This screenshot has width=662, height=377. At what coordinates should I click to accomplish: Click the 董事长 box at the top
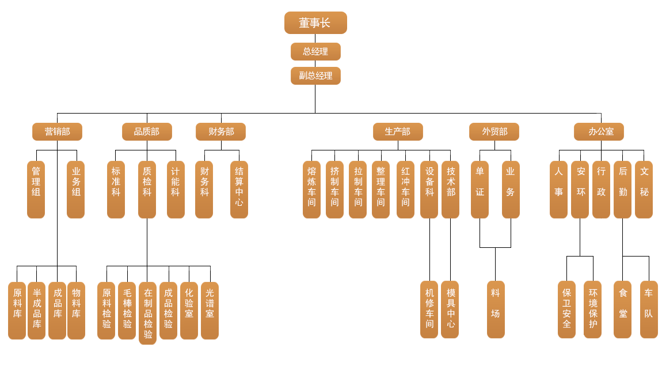[x=315, y=23]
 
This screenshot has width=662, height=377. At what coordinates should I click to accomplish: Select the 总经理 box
[x=315, y=51]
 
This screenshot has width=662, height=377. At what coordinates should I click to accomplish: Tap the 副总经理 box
[x=315, y=76]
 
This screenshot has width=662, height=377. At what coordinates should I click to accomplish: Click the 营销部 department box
[x=57, y=131]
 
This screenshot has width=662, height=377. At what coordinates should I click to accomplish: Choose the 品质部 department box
[x=147, y=131]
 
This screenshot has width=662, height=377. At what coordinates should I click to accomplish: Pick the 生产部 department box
[x=398, y=131]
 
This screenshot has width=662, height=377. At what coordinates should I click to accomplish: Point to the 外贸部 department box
[x=494, y=131]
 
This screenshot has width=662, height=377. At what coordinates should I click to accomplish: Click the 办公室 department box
[x=599, y=131]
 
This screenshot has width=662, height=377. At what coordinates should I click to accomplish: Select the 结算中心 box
[x=239, y=189]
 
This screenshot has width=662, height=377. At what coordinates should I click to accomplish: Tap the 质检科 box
[x=147, y=189]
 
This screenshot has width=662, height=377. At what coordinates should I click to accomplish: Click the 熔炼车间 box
[x=311, y=189]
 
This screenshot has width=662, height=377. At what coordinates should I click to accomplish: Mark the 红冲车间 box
[x=405, y=189]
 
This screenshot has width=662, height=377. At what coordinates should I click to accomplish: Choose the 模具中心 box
[x=450, y=309]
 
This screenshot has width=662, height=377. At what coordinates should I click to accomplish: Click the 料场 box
[x=496, y=309]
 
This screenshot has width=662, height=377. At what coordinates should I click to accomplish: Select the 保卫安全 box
[x=566, y=309]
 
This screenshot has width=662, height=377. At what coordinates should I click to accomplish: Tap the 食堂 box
[x=622, y=309]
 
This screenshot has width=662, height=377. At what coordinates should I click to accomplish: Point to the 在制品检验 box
[x=147, y=313]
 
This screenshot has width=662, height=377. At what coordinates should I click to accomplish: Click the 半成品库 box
[x=36, y=310]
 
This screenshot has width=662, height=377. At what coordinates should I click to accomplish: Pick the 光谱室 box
[x=210, y=310]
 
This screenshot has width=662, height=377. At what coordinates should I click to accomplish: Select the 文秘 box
[x=644, y=189]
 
